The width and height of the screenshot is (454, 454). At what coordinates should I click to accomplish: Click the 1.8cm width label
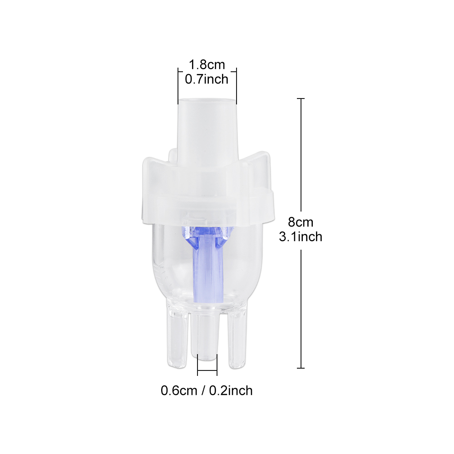point(207,65)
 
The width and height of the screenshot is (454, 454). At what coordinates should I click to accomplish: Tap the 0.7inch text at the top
point(207,79)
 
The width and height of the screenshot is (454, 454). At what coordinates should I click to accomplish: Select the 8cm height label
point(301,222)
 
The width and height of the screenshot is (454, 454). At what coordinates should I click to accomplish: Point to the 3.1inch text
point(301,236)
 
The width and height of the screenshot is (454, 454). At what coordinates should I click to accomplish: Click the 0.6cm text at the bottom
point(178,390)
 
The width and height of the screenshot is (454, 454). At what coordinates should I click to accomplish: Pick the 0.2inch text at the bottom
point(231,390)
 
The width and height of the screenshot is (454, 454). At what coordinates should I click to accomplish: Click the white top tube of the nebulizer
point(207,127)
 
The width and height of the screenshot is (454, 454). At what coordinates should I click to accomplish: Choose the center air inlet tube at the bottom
point(207,336)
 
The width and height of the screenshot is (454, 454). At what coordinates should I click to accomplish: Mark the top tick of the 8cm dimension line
point(301,99)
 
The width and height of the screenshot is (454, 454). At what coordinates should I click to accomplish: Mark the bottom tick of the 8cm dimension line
point(301,368)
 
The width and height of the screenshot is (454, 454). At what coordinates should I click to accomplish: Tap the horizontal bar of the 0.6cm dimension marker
point(207,375)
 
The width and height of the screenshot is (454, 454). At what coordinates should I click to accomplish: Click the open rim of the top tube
point(207,99)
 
